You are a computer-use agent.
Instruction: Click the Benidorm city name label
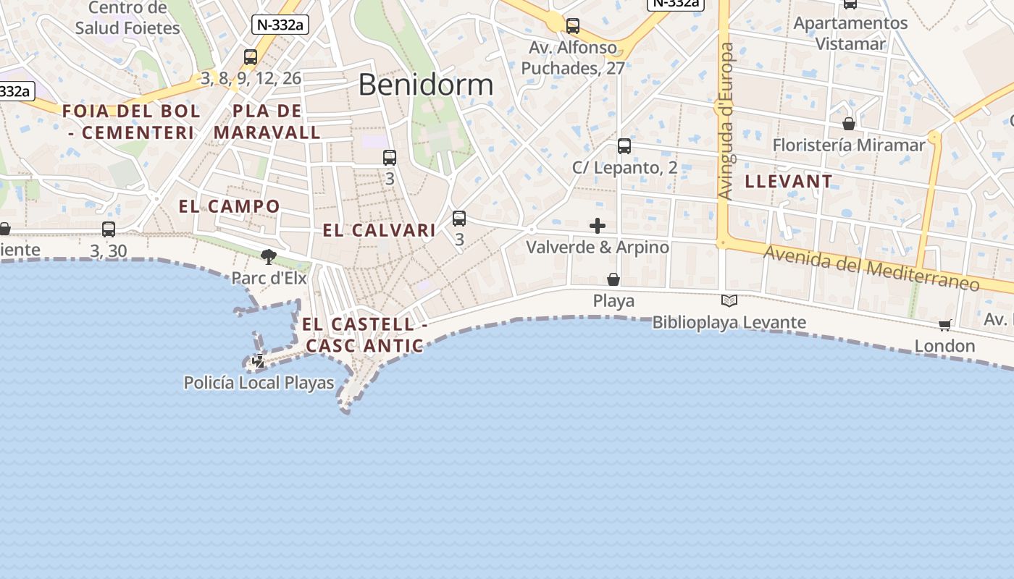(425, 85)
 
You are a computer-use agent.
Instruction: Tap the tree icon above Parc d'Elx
(269, 256)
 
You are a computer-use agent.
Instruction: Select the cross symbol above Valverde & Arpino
(598, 226)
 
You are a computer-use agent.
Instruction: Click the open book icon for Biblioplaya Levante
(729, 300)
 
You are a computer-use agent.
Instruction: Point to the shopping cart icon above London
(944, 325)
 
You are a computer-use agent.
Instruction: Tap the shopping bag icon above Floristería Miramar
(849, 124)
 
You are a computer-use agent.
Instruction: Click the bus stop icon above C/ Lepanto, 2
(624, 146)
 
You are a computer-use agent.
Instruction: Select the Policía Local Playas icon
(259, 360)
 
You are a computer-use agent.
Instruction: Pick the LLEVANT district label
(788, 181)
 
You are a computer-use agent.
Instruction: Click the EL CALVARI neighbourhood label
(379, 230)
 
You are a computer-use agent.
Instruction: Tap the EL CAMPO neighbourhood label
(229, 206)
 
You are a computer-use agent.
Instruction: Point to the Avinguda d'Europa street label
(726, 121)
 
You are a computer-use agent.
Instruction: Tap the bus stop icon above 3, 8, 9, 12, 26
(251, 56)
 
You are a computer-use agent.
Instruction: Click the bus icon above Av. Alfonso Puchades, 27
(573, 26)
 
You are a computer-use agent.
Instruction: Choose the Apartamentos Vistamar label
(850, 33)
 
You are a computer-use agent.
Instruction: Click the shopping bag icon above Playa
(613, 279)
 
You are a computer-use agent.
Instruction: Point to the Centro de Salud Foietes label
(127, 18)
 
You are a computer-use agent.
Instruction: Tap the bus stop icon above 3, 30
(109, 229)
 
